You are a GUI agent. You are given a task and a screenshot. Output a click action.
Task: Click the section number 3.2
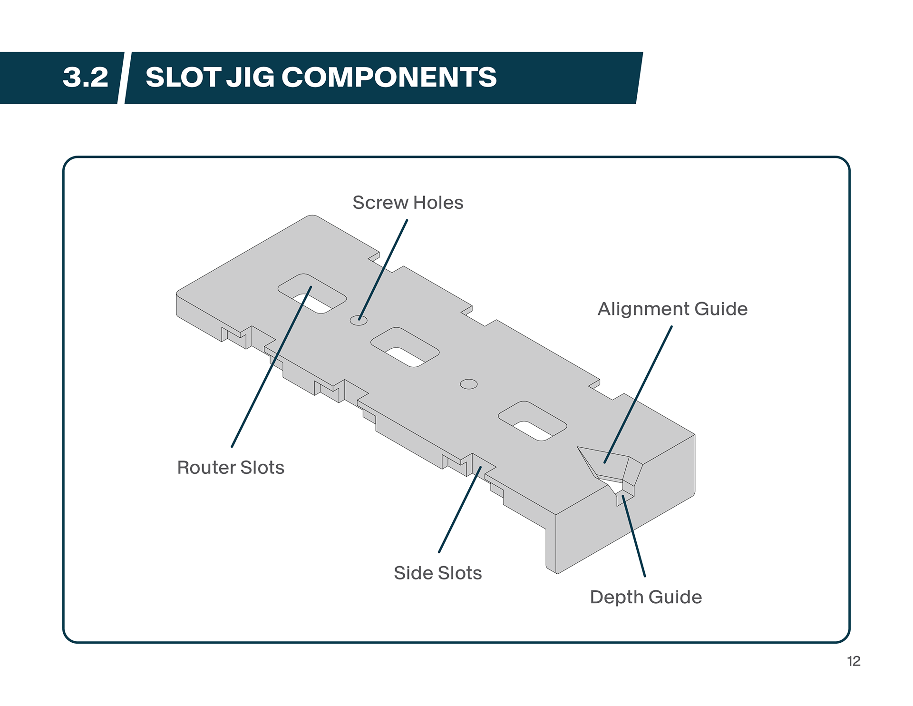(86, 78)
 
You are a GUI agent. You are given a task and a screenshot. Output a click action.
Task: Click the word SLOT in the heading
(183, 78)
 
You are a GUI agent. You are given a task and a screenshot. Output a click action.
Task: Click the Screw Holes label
(408, 203)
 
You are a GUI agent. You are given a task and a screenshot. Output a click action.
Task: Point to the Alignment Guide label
(672, 309)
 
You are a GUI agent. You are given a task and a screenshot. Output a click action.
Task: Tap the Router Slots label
(231, 468)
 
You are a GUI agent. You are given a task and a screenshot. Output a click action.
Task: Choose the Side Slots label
(437, 573)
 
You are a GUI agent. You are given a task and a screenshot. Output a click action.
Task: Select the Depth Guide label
(646, 598)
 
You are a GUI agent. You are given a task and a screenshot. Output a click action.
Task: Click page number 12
(854, 661)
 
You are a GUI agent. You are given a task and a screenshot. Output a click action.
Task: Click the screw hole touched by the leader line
(359, 320)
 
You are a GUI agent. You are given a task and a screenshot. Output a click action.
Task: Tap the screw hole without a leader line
(469, 384)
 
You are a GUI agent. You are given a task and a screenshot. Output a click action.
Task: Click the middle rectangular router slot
(405, 347)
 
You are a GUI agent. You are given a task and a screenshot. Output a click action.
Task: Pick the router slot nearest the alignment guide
(532, 421)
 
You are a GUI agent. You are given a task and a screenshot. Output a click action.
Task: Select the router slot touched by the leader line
(312, 294)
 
